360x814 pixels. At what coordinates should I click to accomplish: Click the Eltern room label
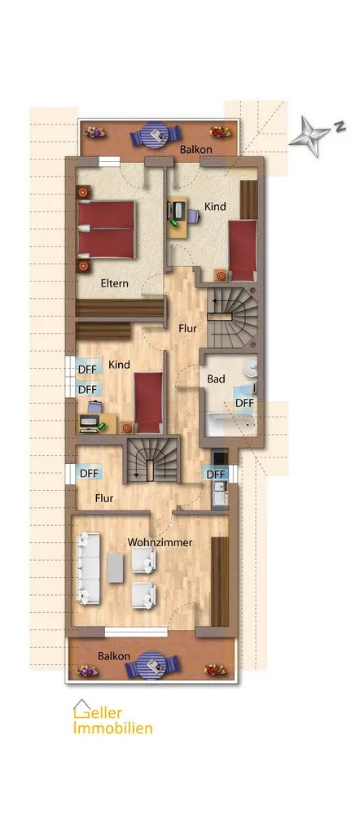114,284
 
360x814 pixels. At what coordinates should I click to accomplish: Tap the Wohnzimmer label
160,542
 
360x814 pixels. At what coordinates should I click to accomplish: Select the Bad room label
216,379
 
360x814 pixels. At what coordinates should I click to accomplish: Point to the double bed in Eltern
106,229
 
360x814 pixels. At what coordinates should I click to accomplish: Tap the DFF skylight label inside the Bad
244,403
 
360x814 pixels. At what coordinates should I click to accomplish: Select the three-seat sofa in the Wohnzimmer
89,569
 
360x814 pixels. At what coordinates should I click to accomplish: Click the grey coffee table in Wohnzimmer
116,568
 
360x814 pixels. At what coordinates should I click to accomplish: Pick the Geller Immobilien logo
112,717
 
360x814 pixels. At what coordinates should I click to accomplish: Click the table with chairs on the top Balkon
155,135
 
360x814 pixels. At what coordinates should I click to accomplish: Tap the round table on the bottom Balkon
153,664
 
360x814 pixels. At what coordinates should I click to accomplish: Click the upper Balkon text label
195,150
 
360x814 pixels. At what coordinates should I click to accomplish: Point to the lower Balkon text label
114,656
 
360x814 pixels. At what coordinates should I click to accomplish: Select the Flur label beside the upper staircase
187,329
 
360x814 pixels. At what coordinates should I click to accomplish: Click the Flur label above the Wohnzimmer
104,498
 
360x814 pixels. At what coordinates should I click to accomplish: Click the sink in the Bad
252,369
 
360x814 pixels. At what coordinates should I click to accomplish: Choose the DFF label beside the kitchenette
216,475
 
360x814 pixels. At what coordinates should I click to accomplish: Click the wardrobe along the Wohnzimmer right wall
220,581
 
